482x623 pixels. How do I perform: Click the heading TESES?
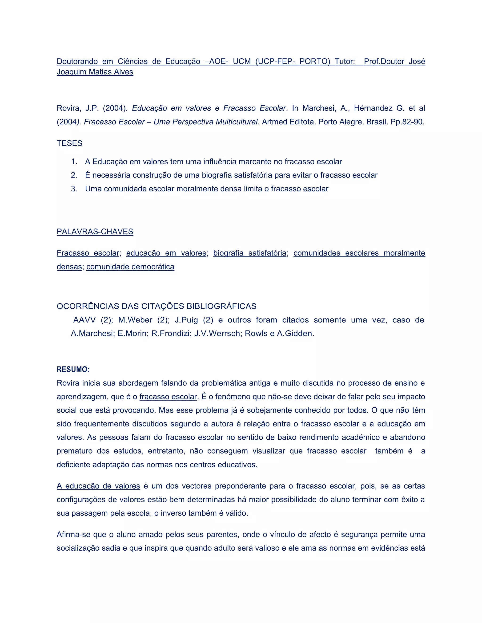pos(69,143)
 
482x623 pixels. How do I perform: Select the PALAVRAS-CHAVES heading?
pos(95,232)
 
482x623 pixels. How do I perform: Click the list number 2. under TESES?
pos(74,175)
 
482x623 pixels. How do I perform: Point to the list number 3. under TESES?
pos(74,189)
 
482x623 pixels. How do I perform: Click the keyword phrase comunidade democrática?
pos(130,267)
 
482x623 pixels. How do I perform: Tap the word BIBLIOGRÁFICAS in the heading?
pos(221,306)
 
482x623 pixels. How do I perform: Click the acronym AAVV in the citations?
pos(84,320)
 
